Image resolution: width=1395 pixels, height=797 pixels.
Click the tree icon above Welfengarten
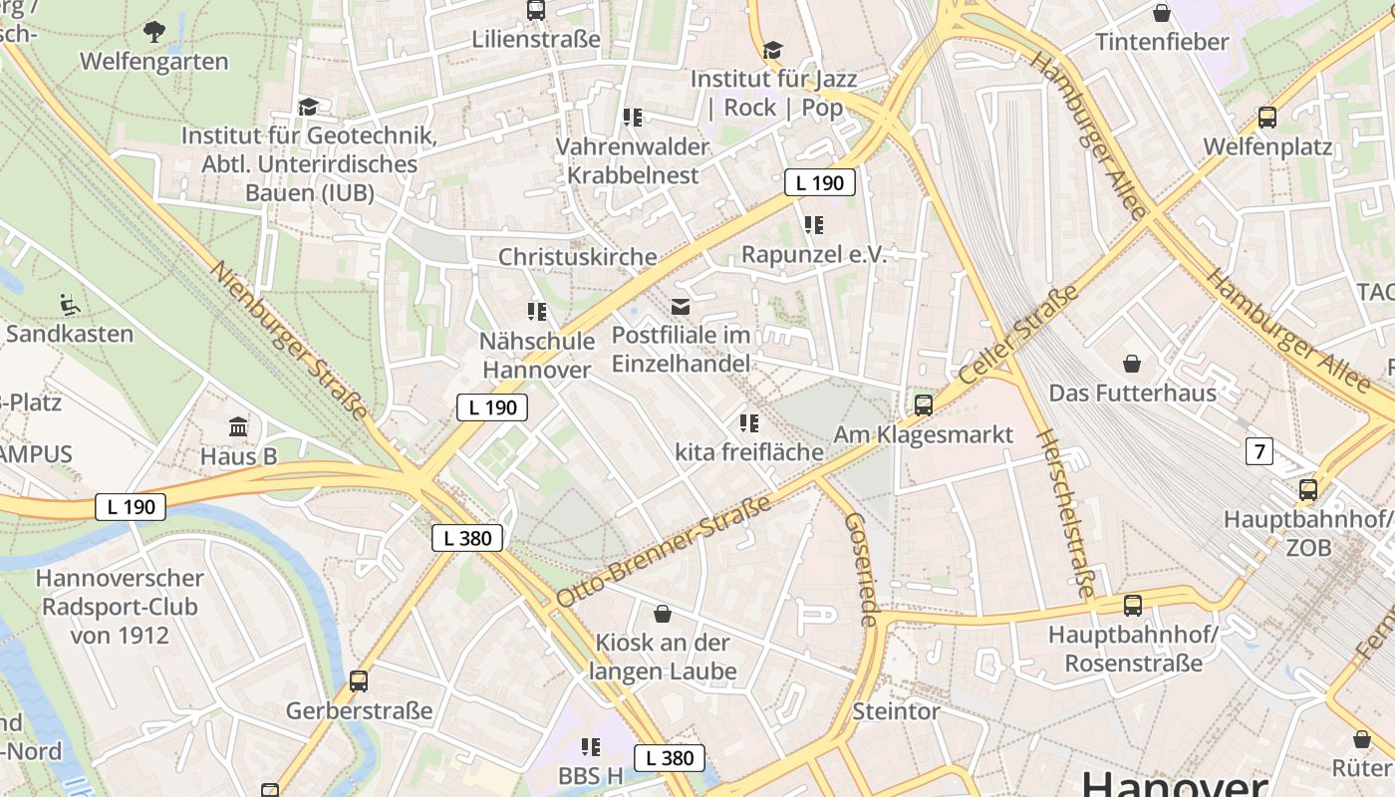154,32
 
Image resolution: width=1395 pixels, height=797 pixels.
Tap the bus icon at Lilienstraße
536,10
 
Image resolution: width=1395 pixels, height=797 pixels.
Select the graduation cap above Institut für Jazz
772,50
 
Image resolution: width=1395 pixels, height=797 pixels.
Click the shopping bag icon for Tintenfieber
1161,13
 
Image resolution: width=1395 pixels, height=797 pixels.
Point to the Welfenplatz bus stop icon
1267,118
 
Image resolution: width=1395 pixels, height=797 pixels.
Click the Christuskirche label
578,257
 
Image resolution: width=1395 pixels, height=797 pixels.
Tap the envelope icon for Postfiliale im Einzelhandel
681,307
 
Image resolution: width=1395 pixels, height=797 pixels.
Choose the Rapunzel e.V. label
813,254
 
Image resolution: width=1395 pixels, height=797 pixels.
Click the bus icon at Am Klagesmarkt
924,404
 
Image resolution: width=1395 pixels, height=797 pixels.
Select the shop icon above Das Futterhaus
1132,363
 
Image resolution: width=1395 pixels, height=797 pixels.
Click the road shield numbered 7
1259,451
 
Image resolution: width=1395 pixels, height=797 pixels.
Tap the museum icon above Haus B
238,427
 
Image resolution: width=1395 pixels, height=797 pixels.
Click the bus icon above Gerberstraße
359,681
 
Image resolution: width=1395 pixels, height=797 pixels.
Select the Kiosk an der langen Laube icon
663,613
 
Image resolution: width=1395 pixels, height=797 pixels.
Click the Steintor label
896,711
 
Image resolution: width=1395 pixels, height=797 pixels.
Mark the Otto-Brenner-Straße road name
664,551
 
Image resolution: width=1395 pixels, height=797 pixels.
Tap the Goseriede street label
861,570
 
